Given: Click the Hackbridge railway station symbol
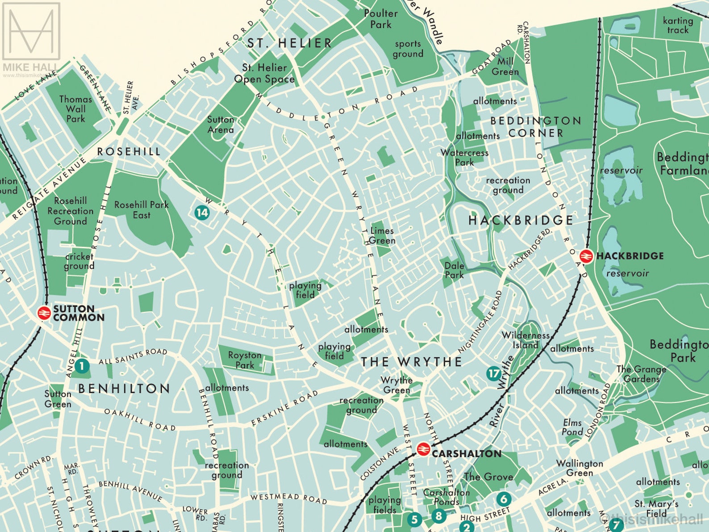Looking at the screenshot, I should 586,256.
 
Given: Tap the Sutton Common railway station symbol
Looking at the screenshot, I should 44,313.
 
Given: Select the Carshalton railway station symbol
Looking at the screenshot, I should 423,449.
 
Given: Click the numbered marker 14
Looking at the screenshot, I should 202,212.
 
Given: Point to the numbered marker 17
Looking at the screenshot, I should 493,373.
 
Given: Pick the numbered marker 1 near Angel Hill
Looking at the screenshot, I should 82,366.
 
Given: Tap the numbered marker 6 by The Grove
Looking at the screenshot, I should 503,499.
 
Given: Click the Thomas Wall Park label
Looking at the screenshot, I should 75,109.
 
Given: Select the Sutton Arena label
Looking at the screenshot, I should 221,125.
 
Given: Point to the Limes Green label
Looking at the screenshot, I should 382,235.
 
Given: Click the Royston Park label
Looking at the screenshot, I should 245,360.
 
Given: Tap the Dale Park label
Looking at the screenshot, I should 454,270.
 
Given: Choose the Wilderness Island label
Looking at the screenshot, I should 525,340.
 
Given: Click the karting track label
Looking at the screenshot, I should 678,25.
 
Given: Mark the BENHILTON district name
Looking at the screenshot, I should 124,389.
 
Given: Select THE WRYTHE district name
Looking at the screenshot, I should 411,362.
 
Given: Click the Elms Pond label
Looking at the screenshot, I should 572,427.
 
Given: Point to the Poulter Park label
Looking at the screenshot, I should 380,19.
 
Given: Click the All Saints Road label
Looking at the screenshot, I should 133,356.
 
